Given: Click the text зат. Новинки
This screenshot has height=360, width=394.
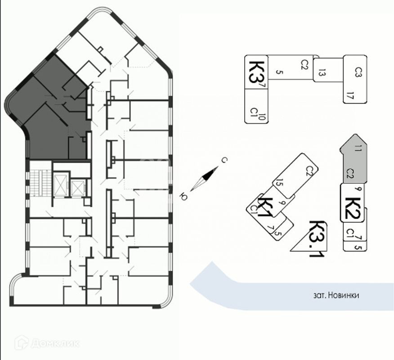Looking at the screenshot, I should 336,296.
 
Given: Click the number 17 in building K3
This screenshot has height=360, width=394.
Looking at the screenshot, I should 349,95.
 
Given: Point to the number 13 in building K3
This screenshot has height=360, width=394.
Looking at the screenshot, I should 321,72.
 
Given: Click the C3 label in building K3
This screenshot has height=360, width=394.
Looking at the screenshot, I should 358,72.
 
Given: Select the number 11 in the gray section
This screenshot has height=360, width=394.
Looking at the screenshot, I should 357,148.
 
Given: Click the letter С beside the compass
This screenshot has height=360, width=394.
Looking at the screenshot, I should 223,160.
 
